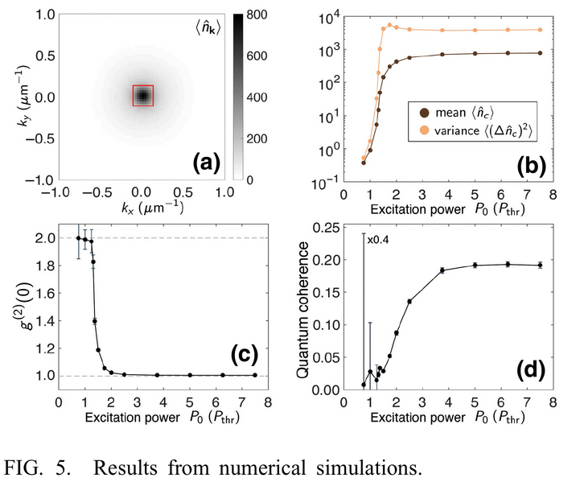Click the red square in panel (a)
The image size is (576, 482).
click(142, 95)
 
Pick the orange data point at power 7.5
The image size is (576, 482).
click(540, 30)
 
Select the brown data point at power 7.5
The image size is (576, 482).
click(540, 53)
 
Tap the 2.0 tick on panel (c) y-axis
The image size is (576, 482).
click(42, 238)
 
